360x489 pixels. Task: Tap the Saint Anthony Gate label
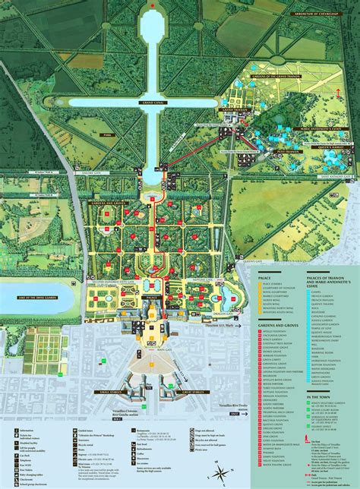point(326,178)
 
